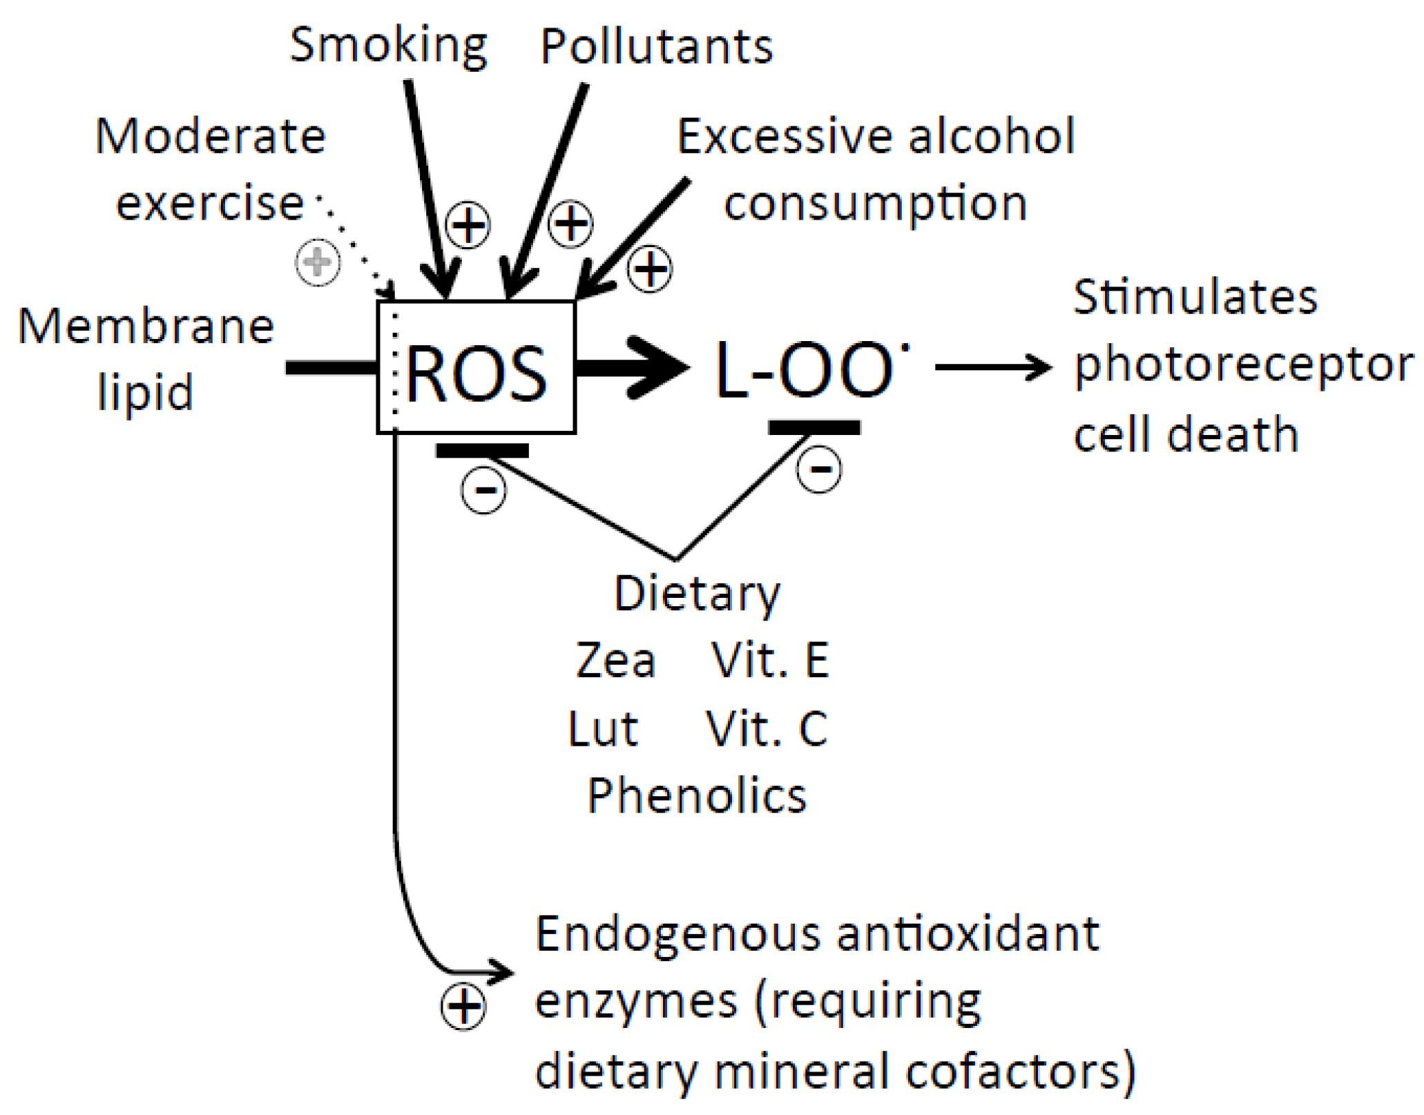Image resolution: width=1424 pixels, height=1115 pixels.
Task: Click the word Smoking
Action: tap(388, 46)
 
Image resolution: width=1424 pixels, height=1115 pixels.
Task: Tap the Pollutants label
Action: tap(656, 48)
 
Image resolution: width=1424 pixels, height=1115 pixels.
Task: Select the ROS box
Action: tap(477, 368)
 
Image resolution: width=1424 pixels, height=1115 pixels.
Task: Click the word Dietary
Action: tap(697, 594)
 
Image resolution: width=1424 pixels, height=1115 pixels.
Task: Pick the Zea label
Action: tap(615, 661)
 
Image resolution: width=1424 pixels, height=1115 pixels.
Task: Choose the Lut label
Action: tap(603, 728)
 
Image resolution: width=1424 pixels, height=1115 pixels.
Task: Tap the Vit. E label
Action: tap(769, 661)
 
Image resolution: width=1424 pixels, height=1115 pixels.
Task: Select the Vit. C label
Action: tap(766, 728)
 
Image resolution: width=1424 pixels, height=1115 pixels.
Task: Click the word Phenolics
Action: tap(697, 796)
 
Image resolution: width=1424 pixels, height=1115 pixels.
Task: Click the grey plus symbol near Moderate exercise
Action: tap(318, 262)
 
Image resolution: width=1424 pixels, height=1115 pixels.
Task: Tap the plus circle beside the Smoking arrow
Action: tap(468, 225)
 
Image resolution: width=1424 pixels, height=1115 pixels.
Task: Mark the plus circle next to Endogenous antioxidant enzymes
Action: tap(463, 1007)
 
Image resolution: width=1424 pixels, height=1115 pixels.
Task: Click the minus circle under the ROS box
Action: tap(483, 490)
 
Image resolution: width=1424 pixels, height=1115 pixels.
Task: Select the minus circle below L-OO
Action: tap(819, 469)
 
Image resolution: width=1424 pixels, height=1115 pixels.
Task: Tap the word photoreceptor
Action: tap(1243, 365)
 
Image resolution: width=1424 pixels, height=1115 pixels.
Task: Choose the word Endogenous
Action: tap(677, 934)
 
